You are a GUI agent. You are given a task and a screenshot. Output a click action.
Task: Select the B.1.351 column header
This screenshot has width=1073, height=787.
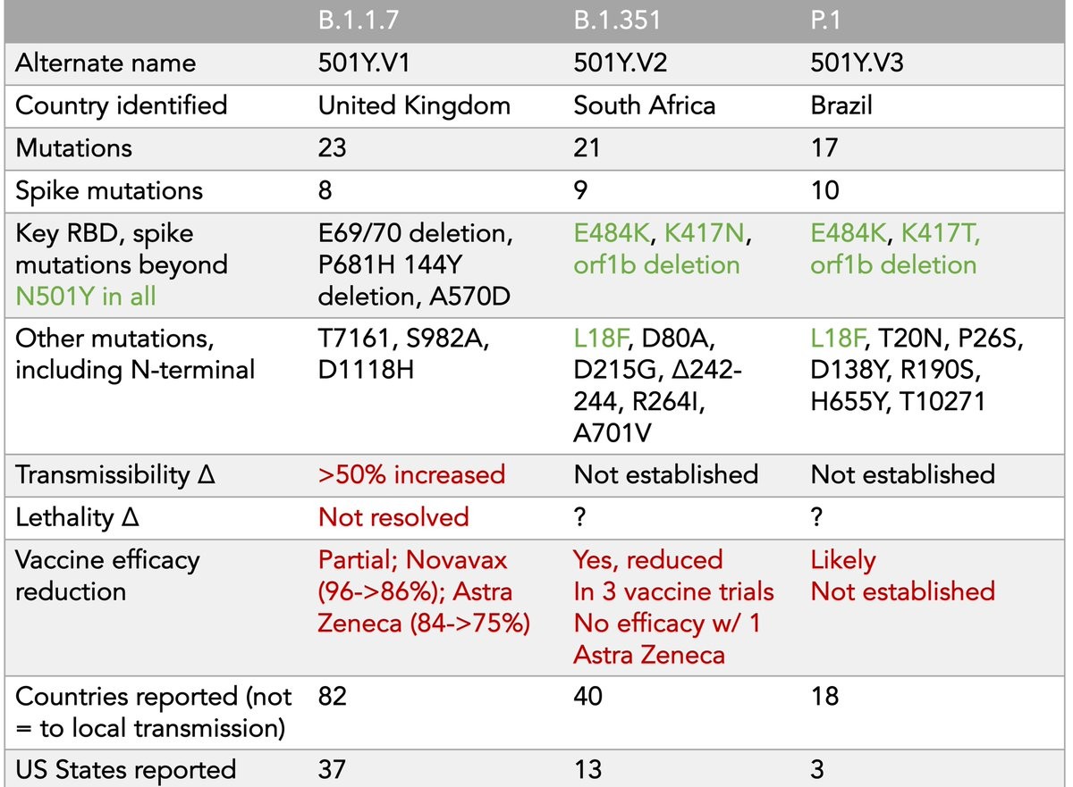point(618,21)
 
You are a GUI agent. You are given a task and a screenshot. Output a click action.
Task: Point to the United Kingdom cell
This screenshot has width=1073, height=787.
point(414,105)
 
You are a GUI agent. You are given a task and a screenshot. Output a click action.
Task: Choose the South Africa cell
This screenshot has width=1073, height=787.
point(644,105)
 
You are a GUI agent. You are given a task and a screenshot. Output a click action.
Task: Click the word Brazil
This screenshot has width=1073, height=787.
point(841,105)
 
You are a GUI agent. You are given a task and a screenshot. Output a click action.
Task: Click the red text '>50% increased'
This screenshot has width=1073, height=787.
point(411,473)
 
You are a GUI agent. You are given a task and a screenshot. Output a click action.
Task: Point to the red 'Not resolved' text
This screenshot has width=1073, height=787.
point(393,516)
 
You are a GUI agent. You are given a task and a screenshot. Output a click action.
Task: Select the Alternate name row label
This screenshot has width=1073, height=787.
point(106,63)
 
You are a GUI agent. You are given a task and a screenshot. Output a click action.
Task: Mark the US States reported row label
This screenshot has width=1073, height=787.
point(125,768)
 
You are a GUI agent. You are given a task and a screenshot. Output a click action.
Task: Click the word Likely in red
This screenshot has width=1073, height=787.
point(843,560)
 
